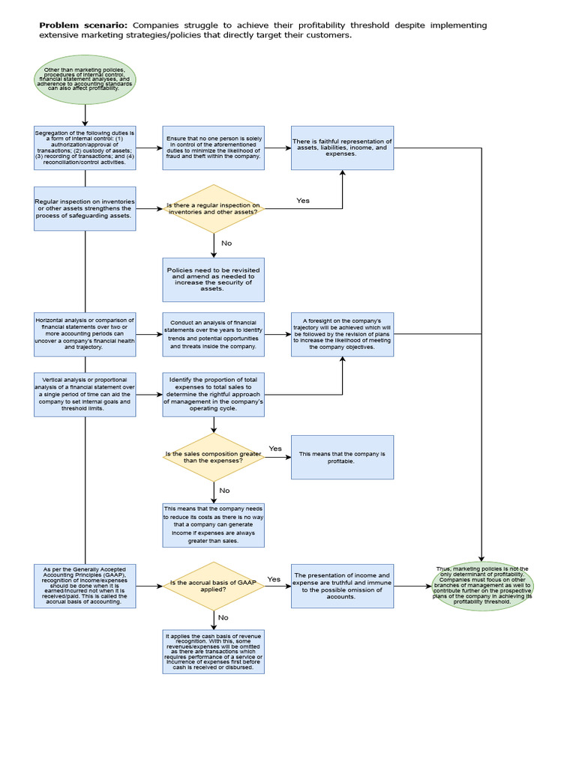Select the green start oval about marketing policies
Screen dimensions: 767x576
click(85, 79)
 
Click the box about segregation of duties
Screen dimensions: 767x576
click(85, 148)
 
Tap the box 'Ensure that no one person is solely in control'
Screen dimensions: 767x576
click(214, 148)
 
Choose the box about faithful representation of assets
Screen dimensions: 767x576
click(342, 148)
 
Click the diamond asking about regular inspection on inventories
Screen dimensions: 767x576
click(214, 209)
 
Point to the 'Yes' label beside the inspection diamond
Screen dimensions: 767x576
click(303, 201)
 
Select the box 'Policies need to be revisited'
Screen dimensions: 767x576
click(214, 279)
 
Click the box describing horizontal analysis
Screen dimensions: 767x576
click(85, 334)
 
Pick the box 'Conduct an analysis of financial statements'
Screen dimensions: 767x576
click(214, 334)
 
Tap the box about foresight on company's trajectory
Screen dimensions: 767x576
click(342, 334)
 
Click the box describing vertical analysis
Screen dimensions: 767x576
click(85, 394)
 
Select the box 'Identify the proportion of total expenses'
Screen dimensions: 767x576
click(214, 394)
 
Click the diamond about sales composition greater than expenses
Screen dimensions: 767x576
click(214, 457)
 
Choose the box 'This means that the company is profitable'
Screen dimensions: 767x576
click(342, 457)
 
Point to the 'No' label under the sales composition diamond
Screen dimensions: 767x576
click(224, 491)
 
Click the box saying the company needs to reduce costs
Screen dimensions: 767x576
click(214, 524)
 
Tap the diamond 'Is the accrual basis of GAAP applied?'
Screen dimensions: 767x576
click(214, 586)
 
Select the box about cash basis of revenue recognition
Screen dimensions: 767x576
click(214, 652)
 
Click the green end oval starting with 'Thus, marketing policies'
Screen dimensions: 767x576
click(482, 586)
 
